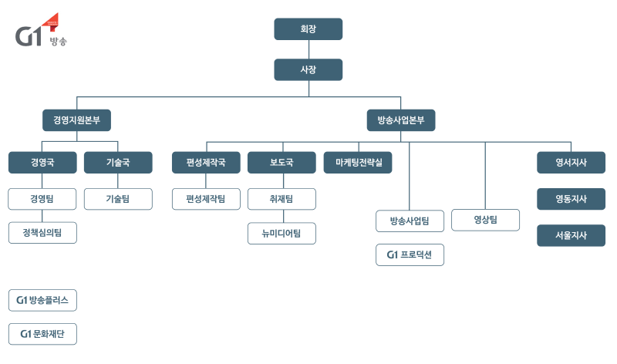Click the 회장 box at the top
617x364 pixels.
click(308, 29)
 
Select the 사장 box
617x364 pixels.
click(308, 70)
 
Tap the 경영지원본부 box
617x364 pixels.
click(76, 120)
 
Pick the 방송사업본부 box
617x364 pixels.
click(401, 120)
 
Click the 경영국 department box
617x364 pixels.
click(42, 163)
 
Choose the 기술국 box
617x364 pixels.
click(118, 163)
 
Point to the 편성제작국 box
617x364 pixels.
click(206, 163)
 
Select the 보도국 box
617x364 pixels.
click(282, 163)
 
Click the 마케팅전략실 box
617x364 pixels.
click(358, 163)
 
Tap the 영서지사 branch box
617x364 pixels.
click(571, 163)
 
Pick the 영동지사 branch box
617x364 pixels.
click(571, 199)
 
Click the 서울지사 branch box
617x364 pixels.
click(571, 235)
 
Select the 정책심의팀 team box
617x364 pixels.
click(42, 232)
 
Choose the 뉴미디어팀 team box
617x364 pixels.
click(282, 233)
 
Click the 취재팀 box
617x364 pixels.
click(282, 199)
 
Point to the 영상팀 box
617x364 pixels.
click(485, 221)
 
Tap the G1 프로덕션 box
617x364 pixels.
click(410, 254)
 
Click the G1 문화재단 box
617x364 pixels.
click(42, 334)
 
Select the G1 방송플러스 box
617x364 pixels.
click(42, 299)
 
